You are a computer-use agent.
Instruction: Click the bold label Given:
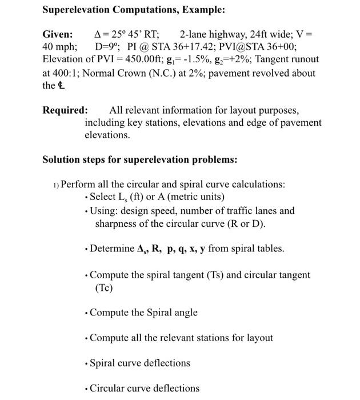click(58, 34)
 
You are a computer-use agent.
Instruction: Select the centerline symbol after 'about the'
click(61, 86)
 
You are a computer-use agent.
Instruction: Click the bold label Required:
click(65, 110)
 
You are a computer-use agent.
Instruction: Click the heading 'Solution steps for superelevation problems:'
click(140, 159)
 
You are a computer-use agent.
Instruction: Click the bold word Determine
click(111, 249)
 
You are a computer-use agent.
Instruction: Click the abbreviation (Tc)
click(104, 288)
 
